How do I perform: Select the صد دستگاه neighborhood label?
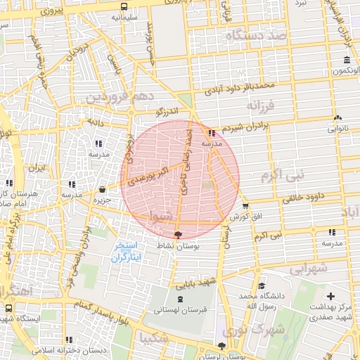[255, 34]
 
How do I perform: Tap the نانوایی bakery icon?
[338, 118]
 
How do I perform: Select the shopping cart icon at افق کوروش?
[245, 206]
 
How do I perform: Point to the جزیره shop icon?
[103, 189]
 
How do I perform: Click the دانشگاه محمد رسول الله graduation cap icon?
[262, 285]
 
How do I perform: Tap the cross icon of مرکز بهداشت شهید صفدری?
[330, 296]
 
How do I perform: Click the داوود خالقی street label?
[307, 193]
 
